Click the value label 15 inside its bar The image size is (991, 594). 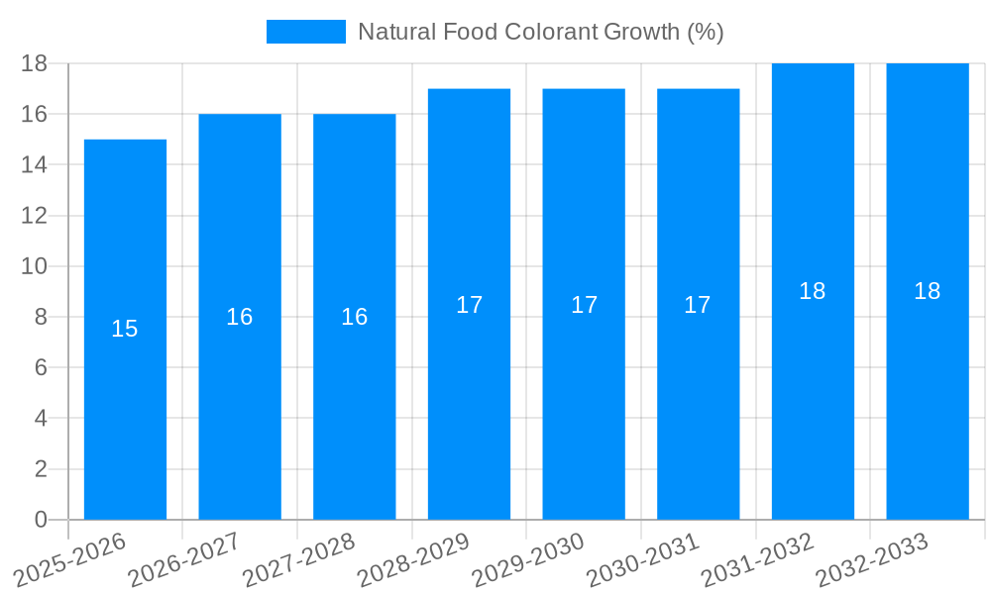coord(125,329)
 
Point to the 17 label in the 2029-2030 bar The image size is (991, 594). coord(584,305)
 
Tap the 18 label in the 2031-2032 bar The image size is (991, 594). coord(812,291)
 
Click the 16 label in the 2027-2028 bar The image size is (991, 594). coord(354,317)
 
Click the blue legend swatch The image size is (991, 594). coord(306,32)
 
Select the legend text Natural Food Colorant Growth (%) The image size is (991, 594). coord(540,32)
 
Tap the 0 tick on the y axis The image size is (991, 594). coord(41,520)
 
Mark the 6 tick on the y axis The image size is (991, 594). coord(41,367)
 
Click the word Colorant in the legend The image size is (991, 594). coord(550,32)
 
